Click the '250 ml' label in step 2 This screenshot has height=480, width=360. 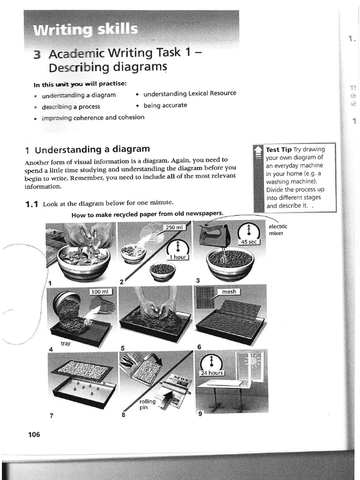click(x=173, y=227)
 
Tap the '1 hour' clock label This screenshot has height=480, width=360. click(x=177, y=257)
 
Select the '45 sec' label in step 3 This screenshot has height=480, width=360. click(x=248, y=242)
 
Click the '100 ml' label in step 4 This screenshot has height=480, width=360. click(x=100, y=292)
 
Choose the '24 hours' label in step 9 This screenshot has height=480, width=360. click(x=212, y=373)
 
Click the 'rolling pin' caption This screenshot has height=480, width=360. click(x=147, y=405)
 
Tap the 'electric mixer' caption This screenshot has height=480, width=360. click(x=278, y=230)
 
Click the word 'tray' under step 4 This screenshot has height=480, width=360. click(x=66, y=344)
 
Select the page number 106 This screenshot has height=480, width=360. click(x=34, y=435)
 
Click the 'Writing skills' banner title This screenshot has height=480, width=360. click(x=85, y=30)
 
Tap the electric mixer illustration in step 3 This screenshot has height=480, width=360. click(x=214, y=234)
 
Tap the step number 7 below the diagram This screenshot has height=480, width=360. click(x=52, y=415)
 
